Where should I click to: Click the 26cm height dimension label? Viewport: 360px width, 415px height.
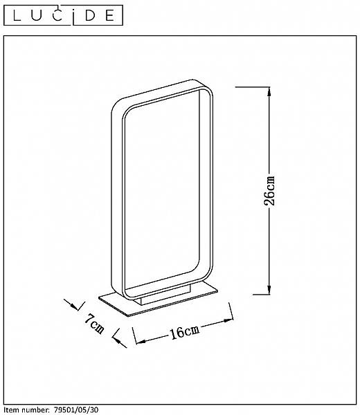click(x=269, y=191)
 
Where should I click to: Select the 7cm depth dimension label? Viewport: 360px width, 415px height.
click(x=95, y=324)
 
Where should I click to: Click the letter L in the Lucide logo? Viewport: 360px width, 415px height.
click(x=17, y=16)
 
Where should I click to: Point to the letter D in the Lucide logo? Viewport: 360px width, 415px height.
click(x=90, y=16)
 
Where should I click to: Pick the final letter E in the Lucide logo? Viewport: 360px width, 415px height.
click(x=109, y=16)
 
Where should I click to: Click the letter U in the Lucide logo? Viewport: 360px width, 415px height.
click(x=35, y=16)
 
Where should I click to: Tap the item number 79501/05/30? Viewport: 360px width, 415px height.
click(x=76, y=410)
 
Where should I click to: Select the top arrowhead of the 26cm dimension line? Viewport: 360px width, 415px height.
click(x=269, y=91)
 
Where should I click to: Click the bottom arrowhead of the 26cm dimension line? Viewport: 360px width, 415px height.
click(x=269, y=290)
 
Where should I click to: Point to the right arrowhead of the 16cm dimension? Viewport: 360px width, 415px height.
click(x=228, y=321)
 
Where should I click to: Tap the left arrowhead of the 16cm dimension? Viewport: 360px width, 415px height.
click(x=141, y=342)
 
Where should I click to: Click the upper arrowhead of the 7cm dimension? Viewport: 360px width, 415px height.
click(x=74, y=306)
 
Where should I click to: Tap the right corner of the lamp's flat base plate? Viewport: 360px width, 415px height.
click(x=217, y=290)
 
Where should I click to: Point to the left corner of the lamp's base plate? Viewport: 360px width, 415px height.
click(x=99, y=297)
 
